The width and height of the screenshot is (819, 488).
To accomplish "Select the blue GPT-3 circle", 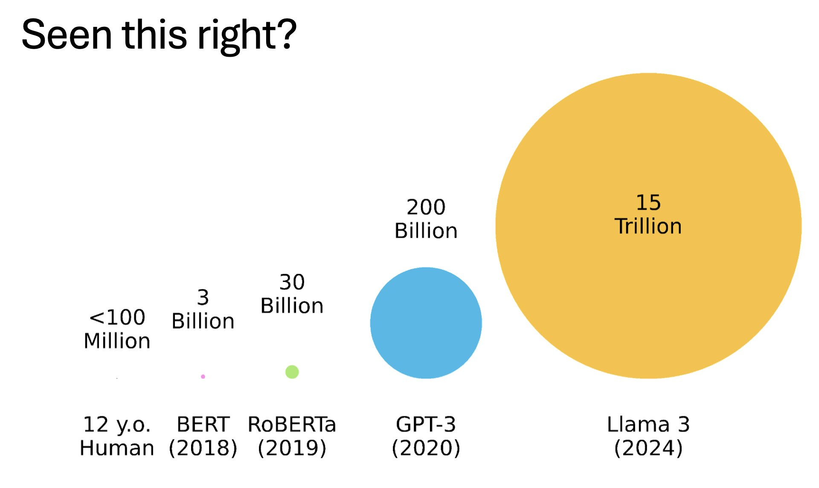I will pos(426,323).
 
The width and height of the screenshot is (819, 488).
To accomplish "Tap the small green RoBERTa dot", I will pos(292,372).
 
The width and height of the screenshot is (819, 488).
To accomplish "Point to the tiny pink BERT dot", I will pos(203,376).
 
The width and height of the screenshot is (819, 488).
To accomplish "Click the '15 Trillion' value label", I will pos(648,215).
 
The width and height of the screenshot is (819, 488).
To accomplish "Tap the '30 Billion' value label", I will pos(292,294).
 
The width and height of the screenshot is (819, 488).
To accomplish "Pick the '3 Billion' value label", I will pos(203,309).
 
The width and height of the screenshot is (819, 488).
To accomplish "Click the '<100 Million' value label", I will pos(117,329).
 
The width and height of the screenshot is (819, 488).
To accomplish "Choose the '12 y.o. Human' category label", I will pos(117,436).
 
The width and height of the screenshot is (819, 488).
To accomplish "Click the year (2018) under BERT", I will pos(203,448).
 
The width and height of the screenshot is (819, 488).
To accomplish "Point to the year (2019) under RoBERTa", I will pos(292,448).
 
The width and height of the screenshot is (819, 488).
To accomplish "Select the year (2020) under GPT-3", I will pos(426,448).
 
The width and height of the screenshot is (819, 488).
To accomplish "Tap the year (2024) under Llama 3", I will pos(648,448).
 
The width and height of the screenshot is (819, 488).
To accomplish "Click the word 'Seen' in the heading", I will pos(67,35).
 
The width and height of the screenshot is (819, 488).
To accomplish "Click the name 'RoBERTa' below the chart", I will pos(292,424).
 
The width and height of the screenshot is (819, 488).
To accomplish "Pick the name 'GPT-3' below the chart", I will pos(426,424).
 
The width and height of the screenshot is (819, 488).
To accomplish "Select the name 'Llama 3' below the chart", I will pos(648,424).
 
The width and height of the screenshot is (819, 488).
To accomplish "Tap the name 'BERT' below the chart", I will pos(203,424).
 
